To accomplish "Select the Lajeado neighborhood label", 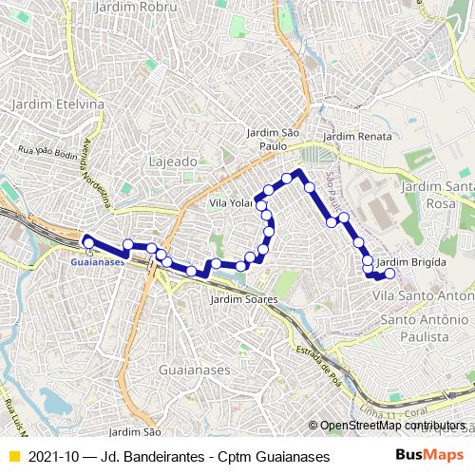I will click(x=173, y=161).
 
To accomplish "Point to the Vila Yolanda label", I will click(x=229, y=203).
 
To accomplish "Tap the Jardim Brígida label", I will click(x=410, y=261).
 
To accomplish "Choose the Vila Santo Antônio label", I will click(x=423, y=296).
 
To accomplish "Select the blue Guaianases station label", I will click(x=98, y=259).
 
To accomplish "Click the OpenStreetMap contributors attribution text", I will click(x=395, y=427).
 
